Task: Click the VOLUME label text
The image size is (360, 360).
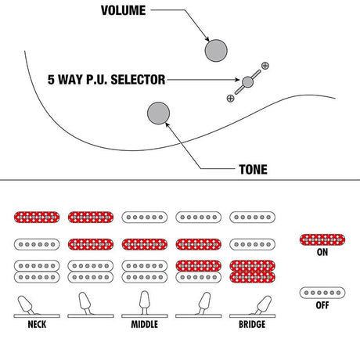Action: pos(124,10)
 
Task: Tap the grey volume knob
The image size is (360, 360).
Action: pos(216,51)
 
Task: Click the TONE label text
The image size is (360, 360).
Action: pos(253,170)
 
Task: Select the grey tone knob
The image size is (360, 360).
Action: pos(158,113)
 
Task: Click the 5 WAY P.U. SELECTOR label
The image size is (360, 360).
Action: pos(106,80)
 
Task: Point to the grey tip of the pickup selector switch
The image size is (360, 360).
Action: pos(247,82)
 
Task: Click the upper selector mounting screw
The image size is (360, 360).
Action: pos(265,66)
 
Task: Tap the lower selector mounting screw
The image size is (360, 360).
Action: pos(230,99)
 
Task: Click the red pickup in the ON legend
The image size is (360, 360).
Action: pos(322,239)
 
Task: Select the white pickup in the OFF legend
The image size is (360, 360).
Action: pos(322,293)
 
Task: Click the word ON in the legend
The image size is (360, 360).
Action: pos(322,252)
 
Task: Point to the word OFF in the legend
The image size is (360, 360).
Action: pos(322,305)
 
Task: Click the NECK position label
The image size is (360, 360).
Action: pos(37,324)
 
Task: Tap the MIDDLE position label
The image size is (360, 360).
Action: pos(144,324)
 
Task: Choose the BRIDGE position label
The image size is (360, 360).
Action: pos(252,324)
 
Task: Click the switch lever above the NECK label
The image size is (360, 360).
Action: pos(26,304)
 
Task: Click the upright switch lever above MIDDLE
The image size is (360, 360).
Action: pos(145,303)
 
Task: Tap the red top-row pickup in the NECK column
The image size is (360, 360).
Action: pos(37,217)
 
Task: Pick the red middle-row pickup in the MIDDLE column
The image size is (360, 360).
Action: pos(145,244)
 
